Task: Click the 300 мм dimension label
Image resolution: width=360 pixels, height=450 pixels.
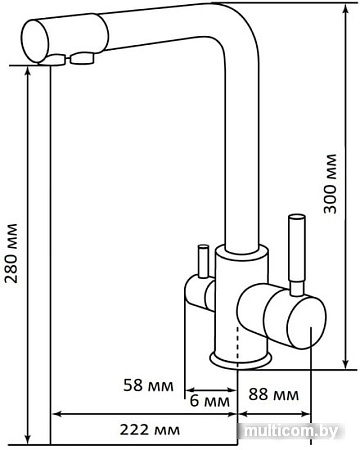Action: click(331, 184)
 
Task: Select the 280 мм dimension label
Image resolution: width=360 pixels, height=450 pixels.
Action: click(11, 253)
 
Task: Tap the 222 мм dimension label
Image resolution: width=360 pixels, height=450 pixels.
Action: click(150, 430)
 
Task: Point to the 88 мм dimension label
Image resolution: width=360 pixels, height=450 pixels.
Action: click(273, 395)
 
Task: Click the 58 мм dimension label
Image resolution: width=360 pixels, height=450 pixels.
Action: click(149, 385)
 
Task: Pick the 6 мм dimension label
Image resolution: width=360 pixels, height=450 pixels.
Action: click(210, 401)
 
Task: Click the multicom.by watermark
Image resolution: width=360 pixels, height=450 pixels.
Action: click(291, 431)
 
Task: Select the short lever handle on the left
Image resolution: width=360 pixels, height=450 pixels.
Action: click(203, 261)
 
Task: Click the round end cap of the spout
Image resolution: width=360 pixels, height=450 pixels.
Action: click(35, 41)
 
